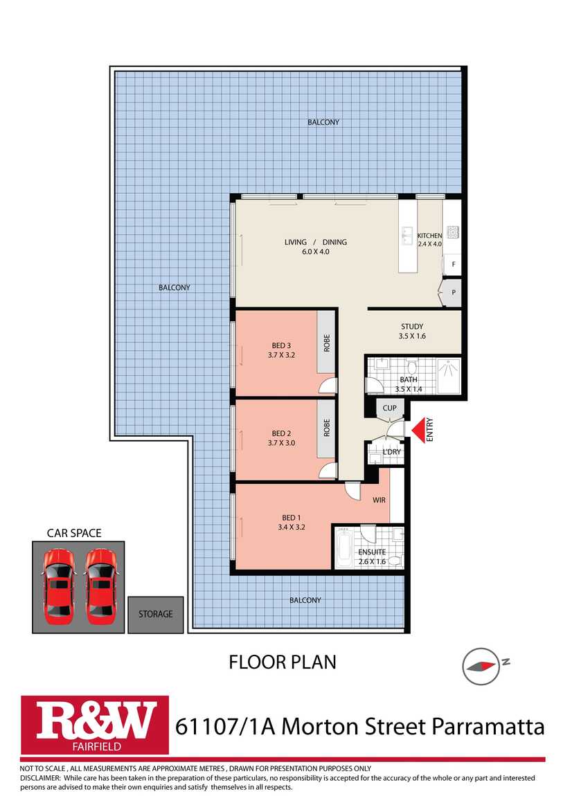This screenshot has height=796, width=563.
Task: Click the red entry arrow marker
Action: point(418,431)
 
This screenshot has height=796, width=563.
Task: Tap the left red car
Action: point(59,587)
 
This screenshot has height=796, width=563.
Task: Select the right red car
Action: point(100,587)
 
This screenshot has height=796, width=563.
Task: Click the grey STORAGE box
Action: point(155,614)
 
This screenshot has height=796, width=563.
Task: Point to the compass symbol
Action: point(480,666)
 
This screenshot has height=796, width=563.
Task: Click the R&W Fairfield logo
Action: point(95,725)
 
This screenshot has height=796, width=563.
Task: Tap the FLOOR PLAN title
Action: point(283,662)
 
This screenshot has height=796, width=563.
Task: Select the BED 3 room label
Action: point(281,345)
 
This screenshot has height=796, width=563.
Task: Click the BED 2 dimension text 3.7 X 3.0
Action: point(281,443)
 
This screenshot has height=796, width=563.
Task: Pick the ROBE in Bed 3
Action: point(326,342)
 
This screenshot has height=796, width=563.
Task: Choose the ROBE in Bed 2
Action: point(326,428)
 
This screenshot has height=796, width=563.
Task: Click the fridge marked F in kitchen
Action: point(453,264)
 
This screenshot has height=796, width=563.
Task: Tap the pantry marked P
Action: point(453,292)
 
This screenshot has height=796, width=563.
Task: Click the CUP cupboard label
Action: point(389,408)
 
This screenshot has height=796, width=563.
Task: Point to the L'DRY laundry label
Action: point(391,452)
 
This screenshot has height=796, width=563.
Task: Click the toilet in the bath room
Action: point(412,367)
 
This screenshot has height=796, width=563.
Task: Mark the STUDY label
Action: point(412,327)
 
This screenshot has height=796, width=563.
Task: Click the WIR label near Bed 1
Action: point(379,500)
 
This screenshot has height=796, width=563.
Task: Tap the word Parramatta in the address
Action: point(488,727)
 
